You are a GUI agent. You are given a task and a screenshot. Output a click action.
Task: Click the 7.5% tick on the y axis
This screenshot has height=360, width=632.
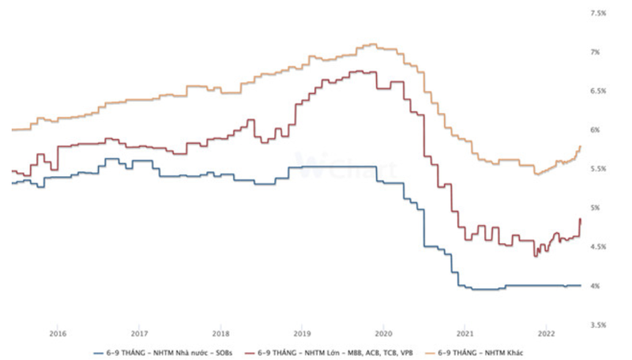point(598,13)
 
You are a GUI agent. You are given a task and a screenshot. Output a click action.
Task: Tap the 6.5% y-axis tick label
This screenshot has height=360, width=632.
point(598,91)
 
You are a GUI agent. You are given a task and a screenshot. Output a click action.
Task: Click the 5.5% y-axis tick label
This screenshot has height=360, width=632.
point(598,169)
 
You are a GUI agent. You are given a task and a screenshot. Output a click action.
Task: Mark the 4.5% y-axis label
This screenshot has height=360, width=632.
point(598,246)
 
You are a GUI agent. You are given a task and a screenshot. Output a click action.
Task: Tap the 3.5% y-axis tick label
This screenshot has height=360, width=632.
point(598,324)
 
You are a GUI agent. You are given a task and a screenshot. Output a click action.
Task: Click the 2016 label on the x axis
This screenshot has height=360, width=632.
point(56,332)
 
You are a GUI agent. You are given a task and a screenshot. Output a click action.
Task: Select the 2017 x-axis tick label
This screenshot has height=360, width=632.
point(139,332)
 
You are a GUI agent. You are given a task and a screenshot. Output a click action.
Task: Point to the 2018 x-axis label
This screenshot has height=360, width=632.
point(221,332)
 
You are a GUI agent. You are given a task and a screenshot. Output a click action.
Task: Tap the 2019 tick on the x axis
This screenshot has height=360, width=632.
point(301,332)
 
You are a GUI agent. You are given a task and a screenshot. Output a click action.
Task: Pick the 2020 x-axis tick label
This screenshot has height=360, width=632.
point(383,332)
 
